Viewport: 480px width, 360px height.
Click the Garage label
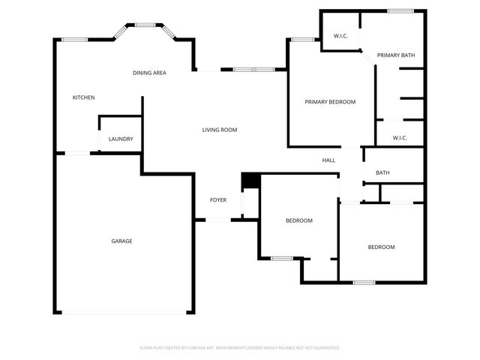click(121, 241)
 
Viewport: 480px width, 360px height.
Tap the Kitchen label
click(83, 97)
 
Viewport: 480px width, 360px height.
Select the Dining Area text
click(149, 73)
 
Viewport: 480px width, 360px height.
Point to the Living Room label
click(219, 130)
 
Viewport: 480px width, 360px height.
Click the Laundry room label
click(121, 139)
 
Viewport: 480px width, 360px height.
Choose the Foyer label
click(218, 200)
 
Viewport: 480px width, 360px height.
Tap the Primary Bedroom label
click(330, 102)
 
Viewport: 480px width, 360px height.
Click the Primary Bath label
click(396, 55)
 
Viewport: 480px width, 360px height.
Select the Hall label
click(328, 160)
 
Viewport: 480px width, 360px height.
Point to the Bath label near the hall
click(382, 173)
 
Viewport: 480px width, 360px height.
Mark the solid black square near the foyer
click(249, 181)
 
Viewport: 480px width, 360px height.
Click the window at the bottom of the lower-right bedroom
click(364, 282)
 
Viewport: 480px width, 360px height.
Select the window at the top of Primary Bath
click(400, 10)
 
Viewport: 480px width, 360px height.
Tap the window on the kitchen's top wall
click(74, 40)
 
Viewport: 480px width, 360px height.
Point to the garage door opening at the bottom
click(124, 313)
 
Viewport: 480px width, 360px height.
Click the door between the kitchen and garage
click(78, 154)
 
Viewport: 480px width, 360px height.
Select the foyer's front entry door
click(218, 220)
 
